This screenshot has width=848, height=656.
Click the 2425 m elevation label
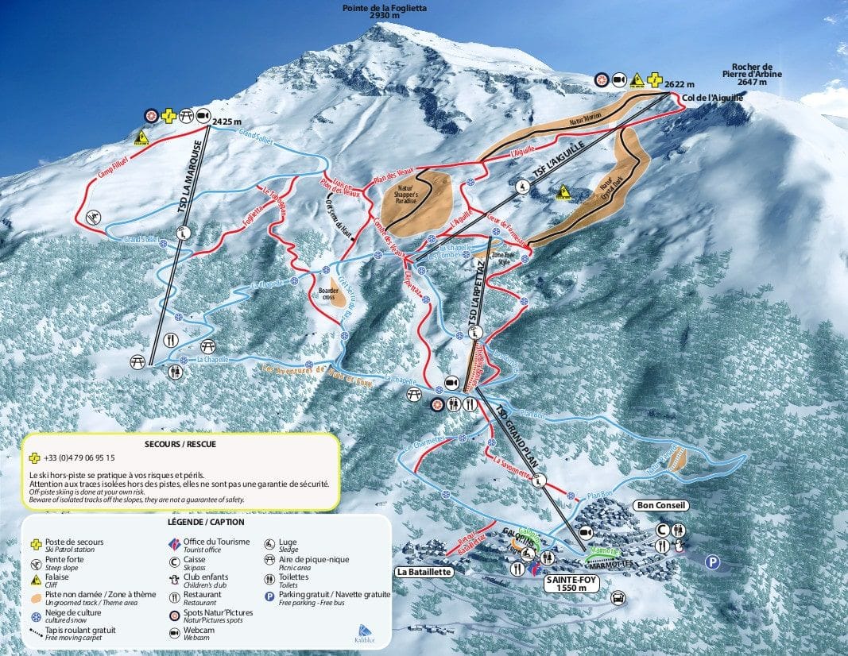(x=228, y=122)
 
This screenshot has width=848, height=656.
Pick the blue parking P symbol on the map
(x=714, y=562)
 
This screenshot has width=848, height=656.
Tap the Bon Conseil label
(x=660, y=505)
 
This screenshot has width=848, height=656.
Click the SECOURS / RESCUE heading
(x=181, y=445)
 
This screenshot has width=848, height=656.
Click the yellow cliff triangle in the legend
(x=34, y=584)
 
